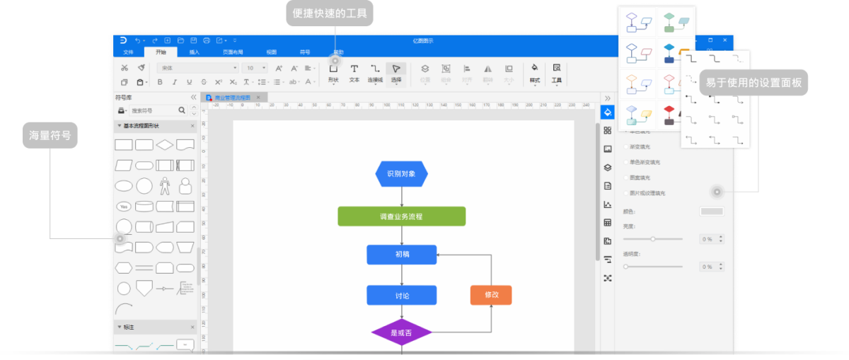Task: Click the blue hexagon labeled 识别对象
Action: tap(401, 173)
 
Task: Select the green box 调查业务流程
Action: tap(401, 216)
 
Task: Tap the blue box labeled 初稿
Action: tap(401, 255)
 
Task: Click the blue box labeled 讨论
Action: tap(401, 295)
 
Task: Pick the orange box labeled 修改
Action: tap(491, 295)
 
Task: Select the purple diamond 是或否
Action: tap(401, 332)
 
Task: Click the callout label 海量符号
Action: tap(50, 135)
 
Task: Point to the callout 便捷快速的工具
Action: tap(330, 13)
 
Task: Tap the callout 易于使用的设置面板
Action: tap(753, 83)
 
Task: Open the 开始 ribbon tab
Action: tap(161, 52)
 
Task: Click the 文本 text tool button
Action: tap(354, 72)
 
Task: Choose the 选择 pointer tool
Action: tap(396, 72)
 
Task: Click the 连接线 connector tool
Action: tap(375, 72)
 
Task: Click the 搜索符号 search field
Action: tap(151, 111)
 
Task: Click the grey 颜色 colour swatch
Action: tap(712, 211)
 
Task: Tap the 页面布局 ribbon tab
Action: tap(233, 52)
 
